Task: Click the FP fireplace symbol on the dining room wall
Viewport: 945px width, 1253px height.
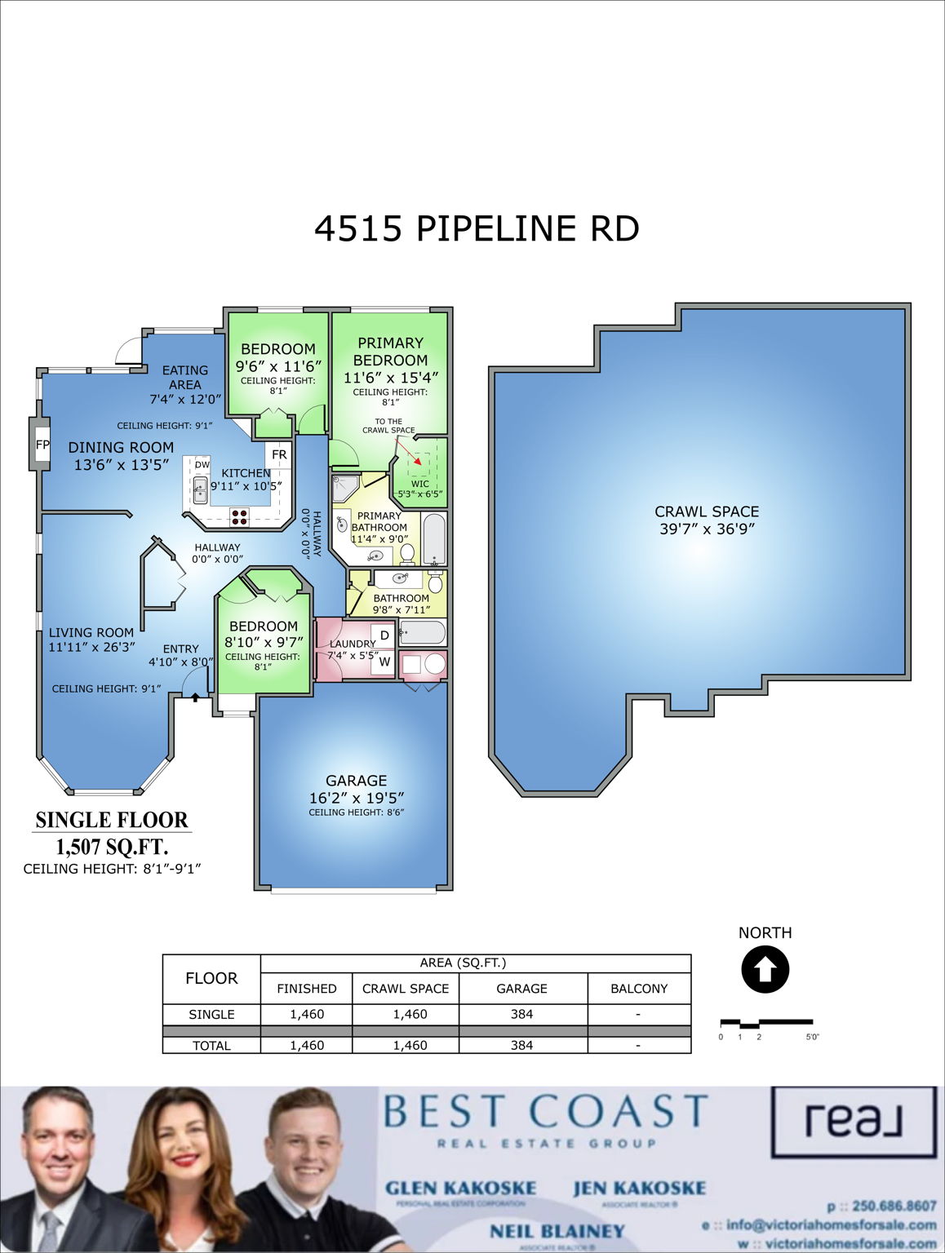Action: point(42,445)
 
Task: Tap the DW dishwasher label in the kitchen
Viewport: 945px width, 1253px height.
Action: point(202,464)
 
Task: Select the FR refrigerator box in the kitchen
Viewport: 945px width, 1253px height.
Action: point(279,454)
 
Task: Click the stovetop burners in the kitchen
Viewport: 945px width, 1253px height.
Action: point(239,515)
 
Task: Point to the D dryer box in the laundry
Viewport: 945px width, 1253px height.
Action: point(384,635)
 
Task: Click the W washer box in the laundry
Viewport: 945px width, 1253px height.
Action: point(384,662)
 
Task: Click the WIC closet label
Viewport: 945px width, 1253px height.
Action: point(419,484)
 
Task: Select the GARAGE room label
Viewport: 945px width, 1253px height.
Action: point(356,781)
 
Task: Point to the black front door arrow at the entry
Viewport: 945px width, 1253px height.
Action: point(196,696)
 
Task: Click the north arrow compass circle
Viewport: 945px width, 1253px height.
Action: point(765,970)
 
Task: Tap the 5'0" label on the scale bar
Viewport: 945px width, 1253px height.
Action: point(812,1037)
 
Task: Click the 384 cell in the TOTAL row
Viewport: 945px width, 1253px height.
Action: point(521,1045)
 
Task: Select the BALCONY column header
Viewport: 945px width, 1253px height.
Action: point(639,989)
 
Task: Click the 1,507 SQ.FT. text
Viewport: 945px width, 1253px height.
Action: point(112,846)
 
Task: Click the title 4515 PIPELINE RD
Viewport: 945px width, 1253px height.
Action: point(477,228)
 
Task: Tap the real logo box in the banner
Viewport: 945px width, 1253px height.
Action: point(854,1122)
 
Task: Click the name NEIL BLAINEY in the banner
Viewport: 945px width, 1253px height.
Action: point(557,1231)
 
